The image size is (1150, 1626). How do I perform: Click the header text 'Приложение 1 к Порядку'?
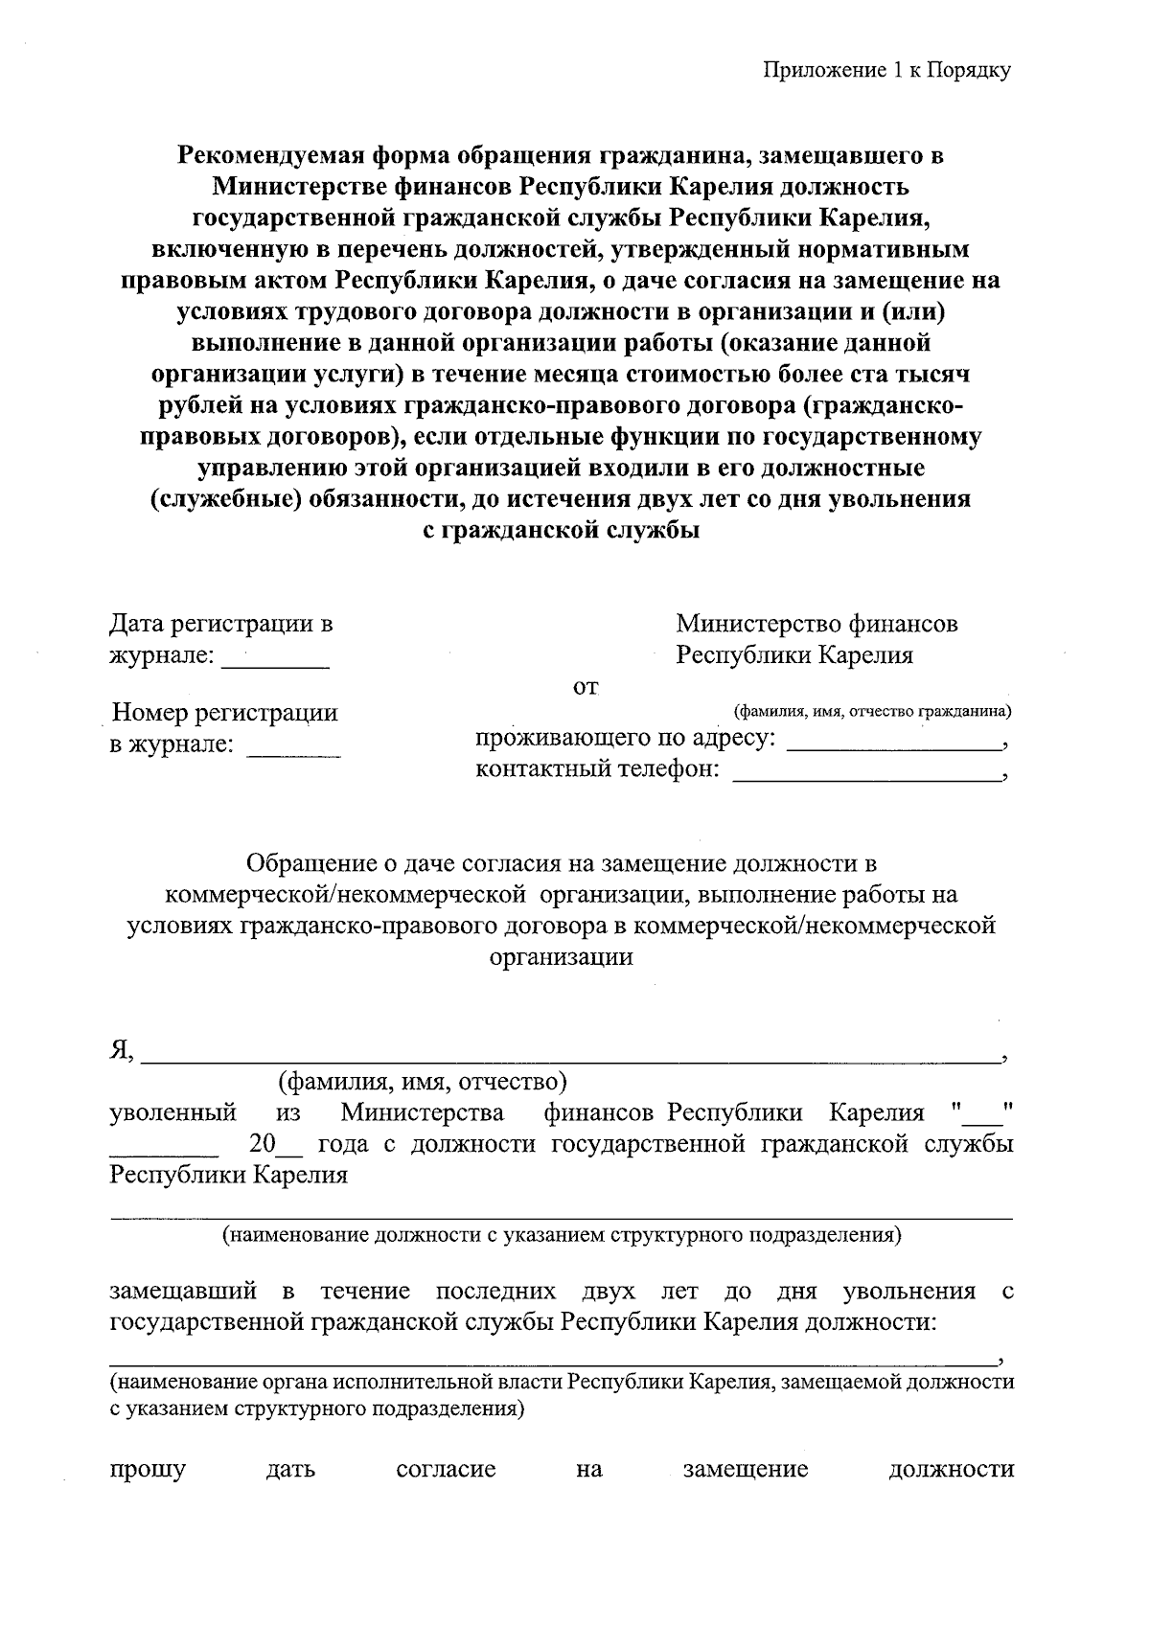click(887, 70)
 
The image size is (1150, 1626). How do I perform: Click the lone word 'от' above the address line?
click(585, 687)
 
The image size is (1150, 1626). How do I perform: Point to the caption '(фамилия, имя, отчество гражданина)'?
click(872, 712)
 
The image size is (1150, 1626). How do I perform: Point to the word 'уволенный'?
click(173, 1113)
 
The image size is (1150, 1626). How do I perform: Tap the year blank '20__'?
click(274, 1144)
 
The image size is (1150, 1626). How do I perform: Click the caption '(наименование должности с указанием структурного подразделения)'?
click(562, 1235)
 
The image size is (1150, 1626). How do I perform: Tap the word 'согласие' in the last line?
click(446, 1469)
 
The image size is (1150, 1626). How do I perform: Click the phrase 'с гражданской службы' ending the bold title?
click(561, 530)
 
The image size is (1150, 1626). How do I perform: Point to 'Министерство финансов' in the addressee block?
click(816, 625)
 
